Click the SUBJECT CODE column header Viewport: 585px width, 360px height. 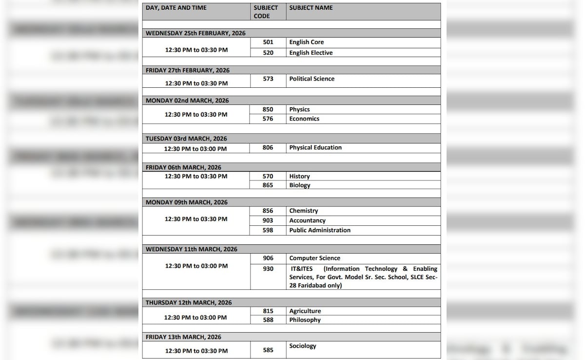[x=266, y=12]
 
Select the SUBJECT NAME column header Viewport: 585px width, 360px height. [x=311, y=8]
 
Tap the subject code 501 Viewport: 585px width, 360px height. [x=268, y=42]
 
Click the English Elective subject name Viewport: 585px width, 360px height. [x=311, y=53]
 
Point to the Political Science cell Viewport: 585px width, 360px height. [x=312, y=79]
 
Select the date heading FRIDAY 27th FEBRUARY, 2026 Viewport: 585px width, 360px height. [x=188, y=70]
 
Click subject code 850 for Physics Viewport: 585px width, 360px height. [x=268, y=109]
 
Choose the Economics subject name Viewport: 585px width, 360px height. [x=304, y=119]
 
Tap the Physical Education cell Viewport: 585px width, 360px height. [x=315, y=147]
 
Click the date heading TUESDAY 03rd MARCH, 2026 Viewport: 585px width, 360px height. [x=186, y=139]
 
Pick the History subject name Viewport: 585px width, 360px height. [x=299, y=176]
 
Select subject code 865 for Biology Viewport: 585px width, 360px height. [x=268, y=185]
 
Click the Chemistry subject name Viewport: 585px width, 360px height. [x=304, y=211]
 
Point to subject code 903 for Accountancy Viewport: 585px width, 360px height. [x=268, y=220]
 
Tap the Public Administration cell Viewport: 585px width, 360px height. [x=320, y=230]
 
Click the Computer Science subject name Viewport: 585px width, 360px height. [x=315, y=258]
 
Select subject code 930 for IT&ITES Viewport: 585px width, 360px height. [x=268, y=269]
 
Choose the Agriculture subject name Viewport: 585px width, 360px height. [x=305, y=311]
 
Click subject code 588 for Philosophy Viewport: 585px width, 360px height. [x=268, y=320]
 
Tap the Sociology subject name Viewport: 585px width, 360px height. [x=303, y=346]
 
